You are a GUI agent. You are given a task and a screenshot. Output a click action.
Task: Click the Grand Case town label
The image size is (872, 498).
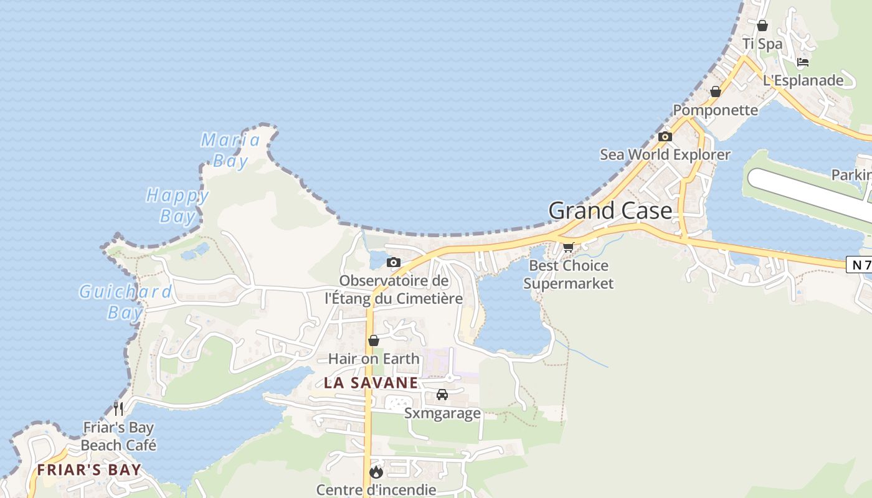click(610, 210)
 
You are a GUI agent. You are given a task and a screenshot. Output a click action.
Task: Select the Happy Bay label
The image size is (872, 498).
click(178, 205)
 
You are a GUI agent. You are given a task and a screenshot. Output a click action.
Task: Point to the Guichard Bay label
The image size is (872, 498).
click(125, 301)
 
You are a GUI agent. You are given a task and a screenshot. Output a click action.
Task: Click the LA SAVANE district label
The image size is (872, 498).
click(371, 383)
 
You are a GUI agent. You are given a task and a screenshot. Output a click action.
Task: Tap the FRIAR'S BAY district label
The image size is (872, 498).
click(89, 470)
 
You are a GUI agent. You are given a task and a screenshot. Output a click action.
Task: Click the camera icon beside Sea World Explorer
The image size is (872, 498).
click(665, 137)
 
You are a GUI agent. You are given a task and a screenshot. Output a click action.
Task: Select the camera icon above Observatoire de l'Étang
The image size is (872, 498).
click(393, 263)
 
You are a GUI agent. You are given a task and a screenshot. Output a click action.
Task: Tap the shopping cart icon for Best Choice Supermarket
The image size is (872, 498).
click(568, 247)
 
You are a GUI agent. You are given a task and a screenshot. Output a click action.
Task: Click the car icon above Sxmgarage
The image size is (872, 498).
click(442, 395)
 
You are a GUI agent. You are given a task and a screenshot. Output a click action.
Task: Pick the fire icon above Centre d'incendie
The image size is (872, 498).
click(376, 472)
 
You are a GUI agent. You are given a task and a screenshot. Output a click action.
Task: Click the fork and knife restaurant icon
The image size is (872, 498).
click(118, 409)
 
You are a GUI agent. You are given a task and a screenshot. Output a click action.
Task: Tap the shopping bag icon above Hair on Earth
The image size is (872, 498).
click(374, 341)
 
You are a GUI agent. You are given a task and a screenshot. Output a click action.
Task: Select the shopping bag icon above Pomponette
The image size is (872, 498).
click(716, 92)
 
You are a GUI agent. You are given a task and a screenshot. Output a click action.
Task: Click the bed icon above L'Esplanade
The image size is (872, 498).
click(803, 62)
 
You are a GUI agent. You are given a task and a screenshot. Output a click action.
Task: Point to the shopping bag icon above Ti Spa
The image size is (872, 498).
click(762, 26)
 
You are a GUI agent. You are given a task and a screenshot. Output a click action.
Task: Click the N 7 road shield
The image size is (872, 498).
click(859, 265)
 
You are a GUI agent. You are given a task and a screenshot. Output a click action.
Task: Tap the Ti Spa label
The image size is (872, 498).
click(762, 44)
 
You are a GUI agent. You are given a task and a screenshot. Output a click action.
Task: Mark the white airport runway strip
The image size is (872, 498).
click(810, 193)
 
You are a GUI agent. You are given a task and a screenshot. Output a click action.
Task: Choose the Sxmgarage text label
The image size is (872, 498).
click(442, 413)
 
